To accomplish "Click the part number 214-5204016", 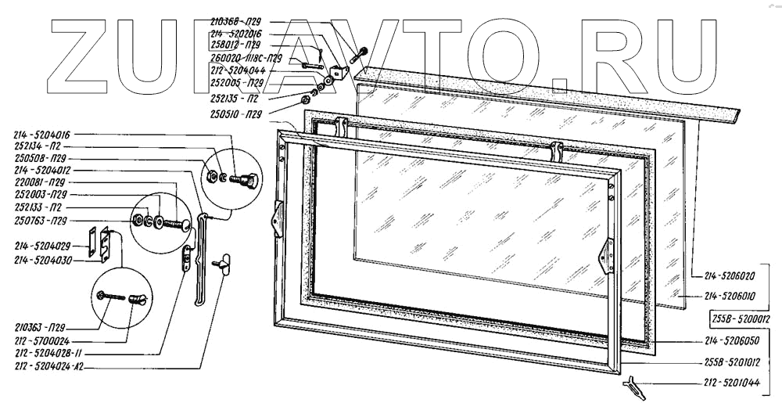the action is (42, 135).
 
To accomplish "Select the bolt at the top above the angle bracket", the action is (360, 56).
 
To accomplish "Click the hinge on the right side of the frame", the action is (607, 256).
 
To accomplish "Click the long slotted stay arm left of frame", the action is (201, 258).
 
